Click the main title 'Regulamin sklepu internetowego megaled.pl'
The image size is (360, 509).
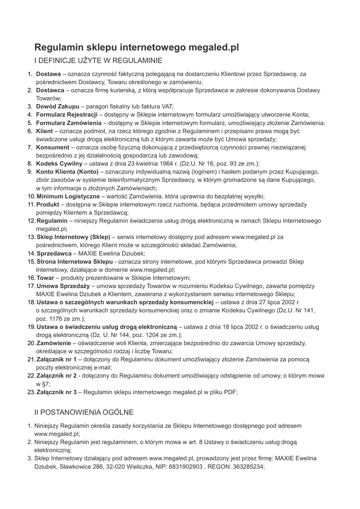click(137, 48)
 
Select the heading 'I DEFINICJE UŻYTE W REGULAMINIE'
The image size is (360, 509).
click(98, 61)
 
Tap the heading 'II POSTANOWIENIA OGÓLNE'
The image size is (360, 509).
click(84, 413)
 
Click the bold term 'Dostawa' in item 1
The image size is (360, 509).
click(48, 74)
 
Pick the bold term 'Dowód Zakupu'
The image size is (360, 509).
click(58, 106)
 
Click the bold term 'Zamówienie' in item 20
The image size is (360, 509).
click(54, 343)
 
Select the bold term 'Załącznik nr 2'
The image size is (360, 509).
click(57, 376)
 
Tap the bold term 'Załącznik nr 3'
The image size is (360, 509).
click(57, 392)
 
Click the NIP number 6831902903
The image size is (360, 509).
click(185, 467)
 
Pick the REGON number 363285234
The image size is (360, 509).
click(247, 467)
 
